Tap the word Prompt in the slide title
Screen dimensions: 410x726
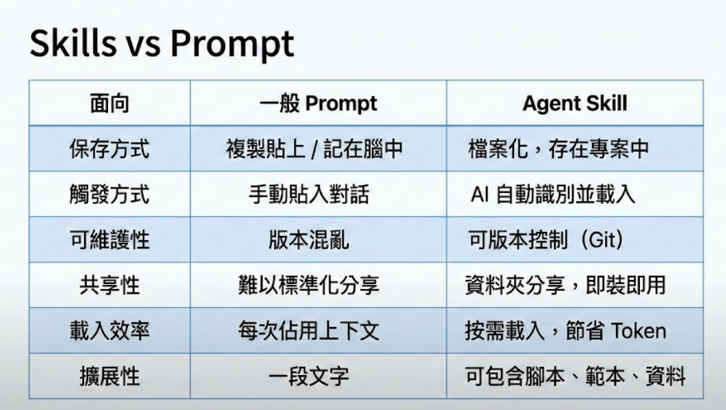pyautogui.click(x=232, y=45)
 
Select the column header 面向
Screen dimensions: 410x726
pyautogui.click(x=109, y=103)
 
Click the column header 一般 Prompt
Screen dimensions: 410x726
pyautogui.click(x=318, y=103)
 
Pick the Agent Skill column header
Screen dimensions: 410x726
pyautogui.click(x=575, y=103)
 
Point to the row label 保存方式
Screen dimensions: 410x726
pyautogui.click(x=109, y=149)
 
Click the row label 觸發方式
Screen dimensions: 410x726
pyautogui.click(x=109, y=194)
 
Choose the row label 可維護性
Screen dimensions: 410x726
pyautogui.click(x=109, y=240)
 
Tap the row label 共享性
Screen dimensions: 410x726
pyautogui.click(x=109, y=285)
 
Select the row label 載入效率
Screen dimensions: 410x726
pyautogui.click(x=109, y=331)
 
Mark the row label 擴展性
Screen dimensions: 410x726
pyautogui.click(x=109, y=376)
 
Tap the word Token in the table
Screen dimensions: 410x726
pyautogui.click(x=638, y=331)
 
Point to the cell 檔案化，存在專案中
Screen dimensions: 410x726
pyautogui.click(x=559, y=149)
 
